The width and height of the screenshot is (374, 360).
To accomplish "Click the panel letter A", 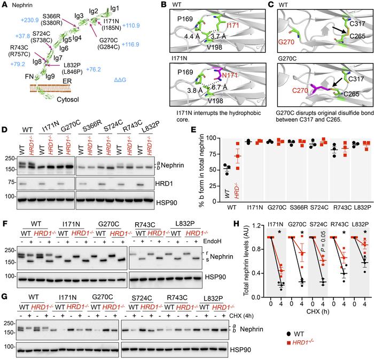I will [x=4, y=5].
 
